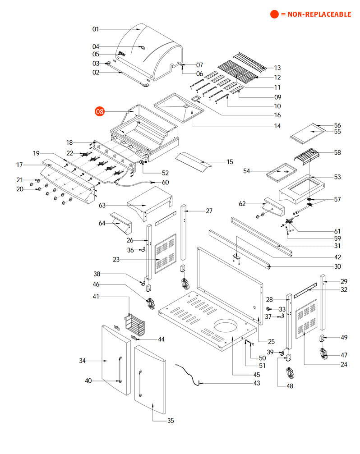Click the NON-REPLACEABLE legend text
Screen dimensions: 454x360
[315, 14]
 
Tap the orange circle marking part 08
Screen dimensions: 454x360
[99, 111]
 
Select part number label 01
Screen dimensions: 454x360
[96, 29]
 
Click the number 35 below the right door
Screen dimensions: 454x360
[171, 421]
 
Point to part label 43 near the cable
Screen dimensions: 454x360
[257, 383]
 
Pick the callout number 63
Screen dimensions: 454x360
[102, 206]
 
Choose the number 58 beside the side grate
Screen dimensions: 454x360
[338, 153]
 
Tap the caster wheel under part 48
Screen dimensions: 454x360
[289, 373]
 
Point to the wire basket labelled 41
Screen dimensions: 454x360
[135, 326]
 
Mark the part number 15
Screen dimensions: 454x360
[230, 161]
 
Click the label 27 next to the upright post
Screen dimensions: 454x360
[209, 211]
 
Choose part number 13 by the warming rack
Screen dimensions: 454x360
[277, 68]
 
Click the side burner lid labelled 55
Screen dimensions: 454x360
[307, 134]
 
